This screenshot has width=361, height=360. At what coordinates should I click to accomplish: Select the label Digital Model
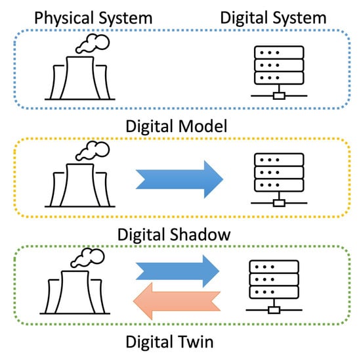[180, 126]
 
